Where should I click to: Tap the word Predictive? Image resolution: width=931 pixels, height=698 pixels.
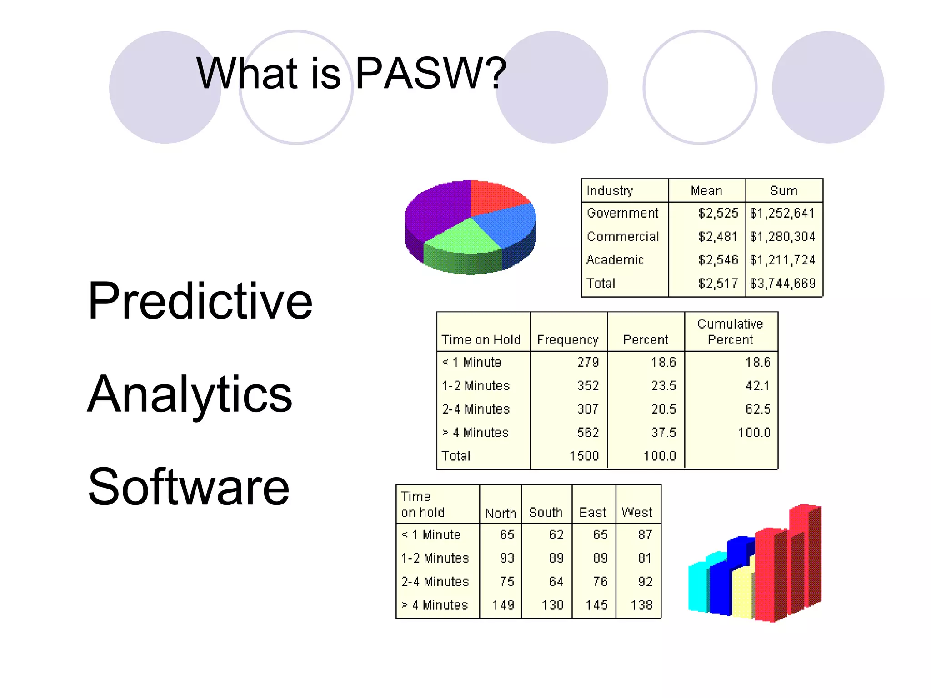[200, 301]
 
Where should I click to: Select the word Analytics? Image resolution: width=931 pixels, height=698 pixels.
[190, 394]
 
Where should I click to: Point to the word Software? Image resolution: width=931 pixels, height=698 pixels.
[188, 487]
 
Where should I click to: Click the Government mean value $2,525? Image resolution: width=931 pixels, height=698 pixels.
[718, 213]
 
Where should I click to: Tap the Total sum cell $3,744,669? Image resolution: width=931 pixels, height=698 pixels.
[782, 284]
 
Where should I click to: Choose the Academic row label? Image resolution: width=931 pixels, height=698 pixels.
[615, 260]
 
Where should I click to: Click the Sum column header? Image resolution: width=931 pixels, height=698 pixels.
[783, 190]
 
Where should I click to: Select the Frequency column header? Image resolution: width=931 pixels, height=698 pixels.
[567, 340]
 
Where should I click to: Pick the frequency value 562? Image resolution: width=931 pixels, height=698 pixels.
[587, 433]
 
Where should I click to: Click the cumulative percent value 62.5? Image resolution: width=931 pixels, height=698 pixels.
[757, 409]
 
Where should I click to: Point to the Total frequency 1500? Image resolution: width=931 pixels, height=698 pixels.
[584, 456]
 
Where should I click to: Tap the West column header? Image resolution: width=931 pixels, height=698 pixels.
[636, 512]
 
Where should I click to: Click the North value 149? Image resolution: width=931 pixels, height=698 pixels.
[503, 605]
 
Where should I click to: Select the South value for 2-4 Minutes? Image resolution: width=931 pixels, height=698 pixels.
[556, 582]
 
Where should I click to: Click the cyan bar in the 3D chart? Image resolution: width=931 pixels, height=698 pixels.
[698, 586]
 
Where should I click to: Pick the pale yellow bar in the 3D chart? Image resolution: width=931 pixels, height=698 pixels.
[742, 593]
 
